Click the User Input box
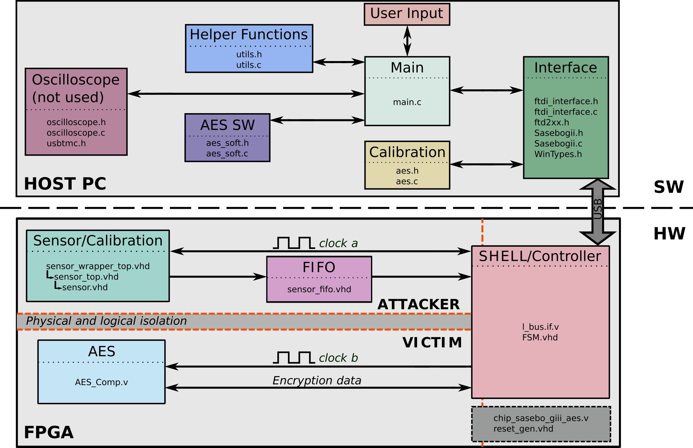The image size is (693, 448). (x=407, y=14)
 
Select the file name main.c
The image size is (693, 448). (x=407, y=102)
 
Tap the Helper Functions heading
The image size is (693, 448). (x=249, y=34)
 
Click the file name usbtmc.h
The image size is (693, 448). (x=66, y=143)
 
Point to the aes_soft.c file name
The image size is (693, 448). (x=227, y=153)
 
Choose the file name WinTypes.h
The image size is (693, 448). (x=558, y=154)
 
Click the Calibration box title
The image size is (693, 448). (x=407, y=152)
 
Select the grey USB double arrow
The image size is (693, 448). (x=598, y=212)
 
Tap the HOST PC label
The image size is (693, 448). (x=65, y=184)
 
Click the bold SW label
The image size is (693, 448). (x=669, y=187)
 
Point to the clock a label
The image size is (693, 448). (x=338, y=243)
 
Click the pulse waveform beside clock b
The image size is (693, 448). (x=294, y=357)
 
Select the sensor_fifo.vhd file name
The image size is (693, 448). (x=319, y=289)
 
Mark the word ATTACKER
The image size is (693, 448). (x=419, y=304)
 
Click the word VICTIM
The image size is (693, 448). (x=432, y=342)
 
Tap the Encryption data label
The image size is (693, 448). (x=317, y=381)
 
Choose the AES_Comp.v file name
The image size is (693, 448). (x=101, y=382)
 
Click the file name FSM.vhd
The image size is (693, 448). (x=540, y=337)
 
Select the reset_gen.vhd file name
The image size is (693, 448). (x=523, y=429)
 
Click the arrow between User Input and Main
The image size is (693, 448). (x=407, y=41)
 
